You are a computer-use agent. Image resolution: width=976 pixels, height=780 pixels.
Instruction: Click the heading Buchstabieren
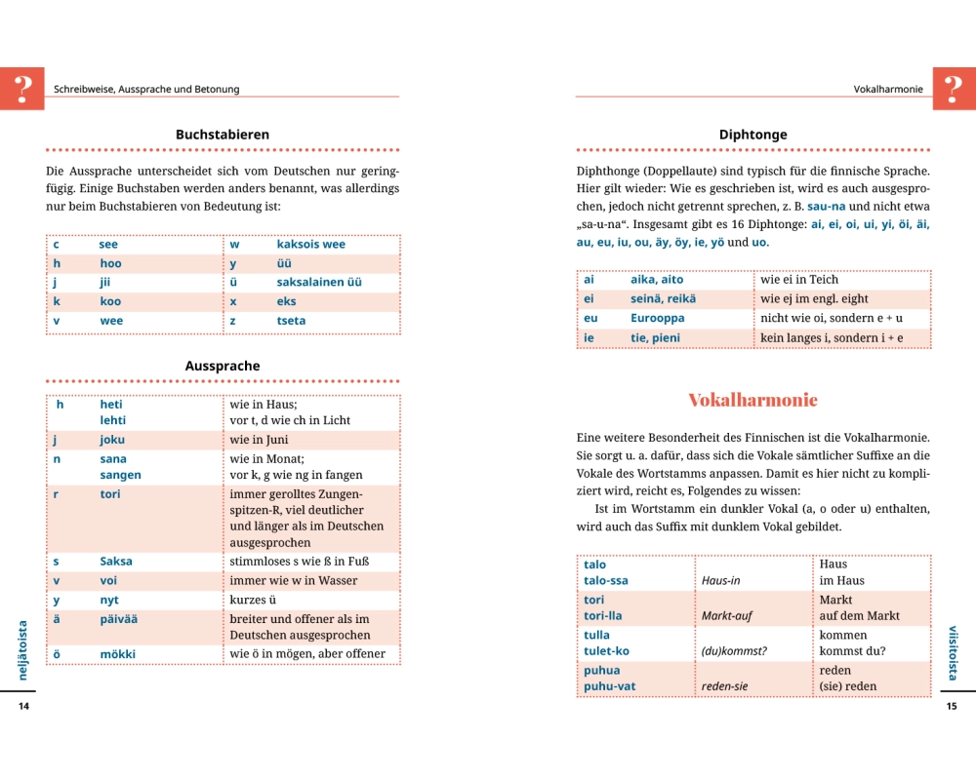(223, 135)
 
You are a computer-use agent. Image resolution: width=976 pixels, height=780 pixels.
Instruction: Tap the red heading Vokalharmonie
(752, 400)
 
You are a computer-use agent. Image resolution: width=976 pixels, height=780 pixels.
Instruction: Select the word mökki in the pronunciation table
(117, 654)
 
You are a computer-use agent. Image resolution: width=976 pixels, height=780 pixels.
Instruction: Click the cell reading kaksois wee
(310, 244)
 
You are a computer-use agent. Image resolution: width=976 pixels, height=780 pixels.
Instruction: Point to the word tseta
(291, 321)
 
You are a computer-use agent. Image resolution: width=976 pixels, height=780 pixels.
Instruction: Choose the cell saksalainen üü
(319, 282)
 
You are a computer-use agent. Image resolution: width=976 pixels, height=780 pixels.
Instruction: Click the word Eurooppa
(657, 319)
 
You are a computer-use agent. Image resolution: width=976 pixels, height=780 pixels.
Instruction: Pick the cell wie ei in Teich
(799, 280)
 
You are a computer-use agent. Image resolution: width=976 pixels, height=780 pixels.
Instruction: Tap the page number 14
(24, 706)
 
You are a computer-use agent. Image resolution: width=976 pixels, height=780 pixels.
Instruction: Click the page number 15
(952, 706)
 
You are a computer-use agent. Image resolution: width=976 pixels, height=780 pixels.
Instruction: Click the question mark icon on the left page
(22, 89)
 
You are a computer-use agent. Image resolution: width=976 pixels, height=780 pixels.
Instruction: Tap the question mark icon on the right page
(954, 89)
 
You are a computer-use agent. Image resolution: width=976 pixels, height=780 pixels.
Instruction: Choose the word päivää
(120, 619)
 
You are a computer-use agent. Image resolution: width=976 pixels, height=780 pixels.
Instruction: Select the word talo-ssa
(605, 581)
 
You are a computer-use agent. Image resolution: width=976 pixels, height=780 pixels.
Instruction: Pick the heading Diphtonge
(752, 135)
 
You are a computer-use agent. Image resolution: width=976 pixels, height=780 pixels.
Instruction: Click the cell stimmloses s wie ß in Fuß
(300, 562)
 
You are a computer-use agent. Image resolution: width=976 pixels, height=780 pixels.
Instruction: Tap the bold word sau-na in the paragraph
(826, 207)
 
